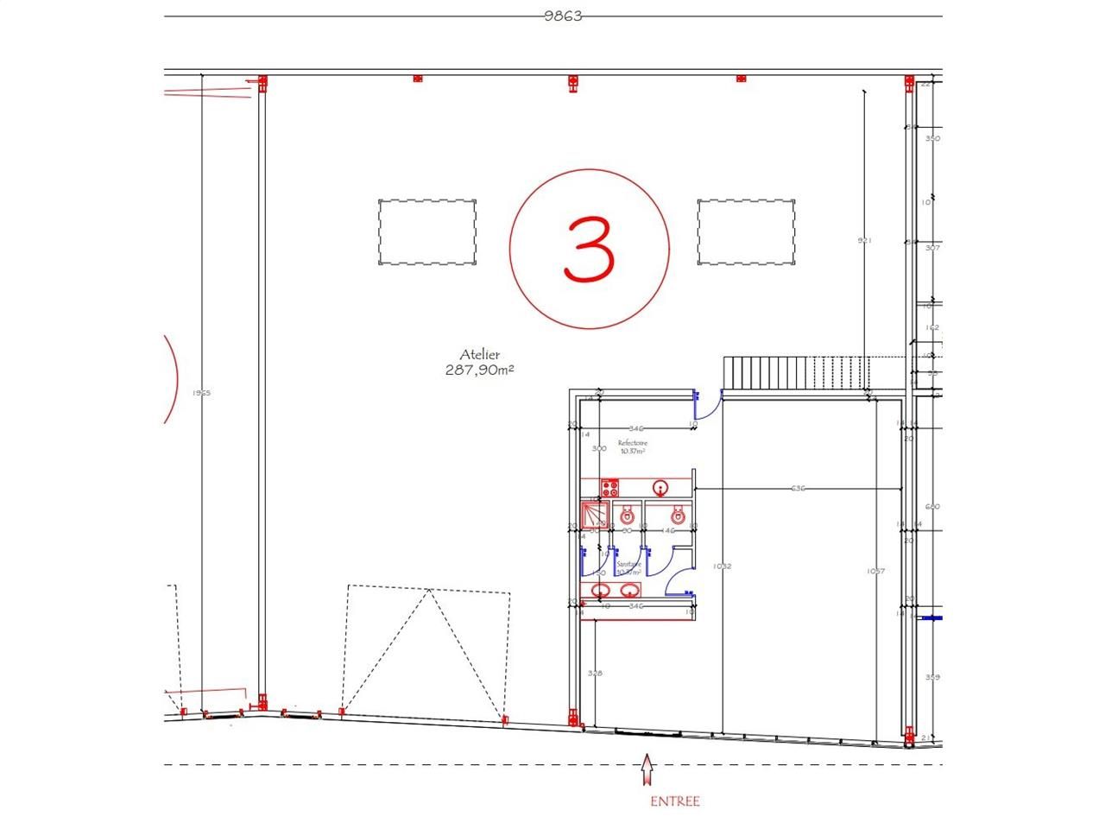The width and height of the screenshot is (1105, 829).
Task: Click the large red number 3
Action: point(589,249)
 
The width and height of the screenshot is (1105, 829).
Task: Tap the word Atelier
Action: point(480,355)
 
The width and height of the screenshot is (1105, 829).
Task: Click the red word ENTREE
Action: point(674,801)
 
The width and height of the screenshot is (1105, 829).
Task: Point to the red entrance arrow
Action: point(647,769)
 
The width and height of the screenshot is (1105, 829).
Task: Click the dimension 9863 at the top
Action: point(563,16)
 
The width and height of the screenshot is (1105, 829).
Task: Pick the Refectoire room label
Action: point(632,446)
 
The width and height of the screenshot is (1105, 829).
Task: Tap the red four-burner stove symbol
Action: point(610,488)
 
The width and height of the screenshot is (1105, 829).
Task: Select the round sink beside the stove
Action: point(661,489)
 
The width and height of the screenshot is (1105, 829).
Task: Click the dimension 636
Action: point(798,490)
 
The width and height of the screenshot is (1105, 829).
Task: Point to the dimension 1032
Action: point(722,566)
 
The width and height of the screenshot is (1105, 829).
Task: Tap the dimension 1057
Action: point(877,572)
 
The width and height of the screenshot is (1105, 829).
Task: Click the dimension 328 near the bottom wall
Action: point(595,673)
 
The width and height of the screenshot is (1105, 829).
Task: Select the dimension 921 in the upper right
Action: point(864,241)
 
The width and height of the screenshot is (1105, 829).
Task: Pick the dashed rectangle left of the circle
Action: point(427,231)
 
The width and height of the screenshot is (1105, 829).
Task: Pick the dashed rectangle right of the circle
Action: point(746,231)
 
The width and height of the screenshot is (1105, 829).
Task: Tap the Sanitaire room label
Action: point(628,567)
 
